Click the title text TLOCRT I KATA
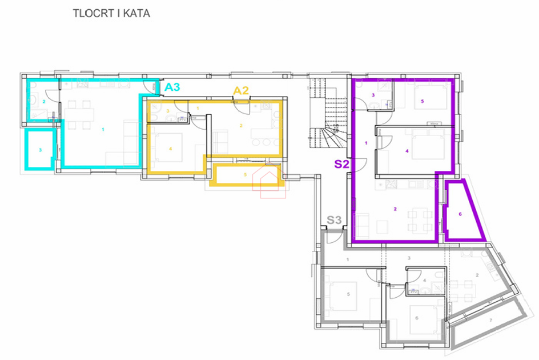pos(111,13)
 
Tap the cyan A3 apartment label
pos(172,87)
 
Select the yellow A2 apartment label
pos(241,90)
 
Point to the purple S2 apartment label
pos(341,165)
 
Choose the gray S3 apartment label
pos(335,219)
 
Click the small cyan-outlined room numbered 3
pos(40,149)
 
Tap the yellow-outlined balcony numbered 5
pos(245,175)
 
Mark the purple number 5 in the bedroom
pos(422,101)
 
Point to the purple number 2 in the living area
pos(395,209)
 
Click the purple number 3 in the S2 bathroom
pos(373,95)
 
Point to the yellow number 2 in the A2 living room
pos(241,125)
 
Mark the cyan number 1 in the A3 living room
pos(103,130)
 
